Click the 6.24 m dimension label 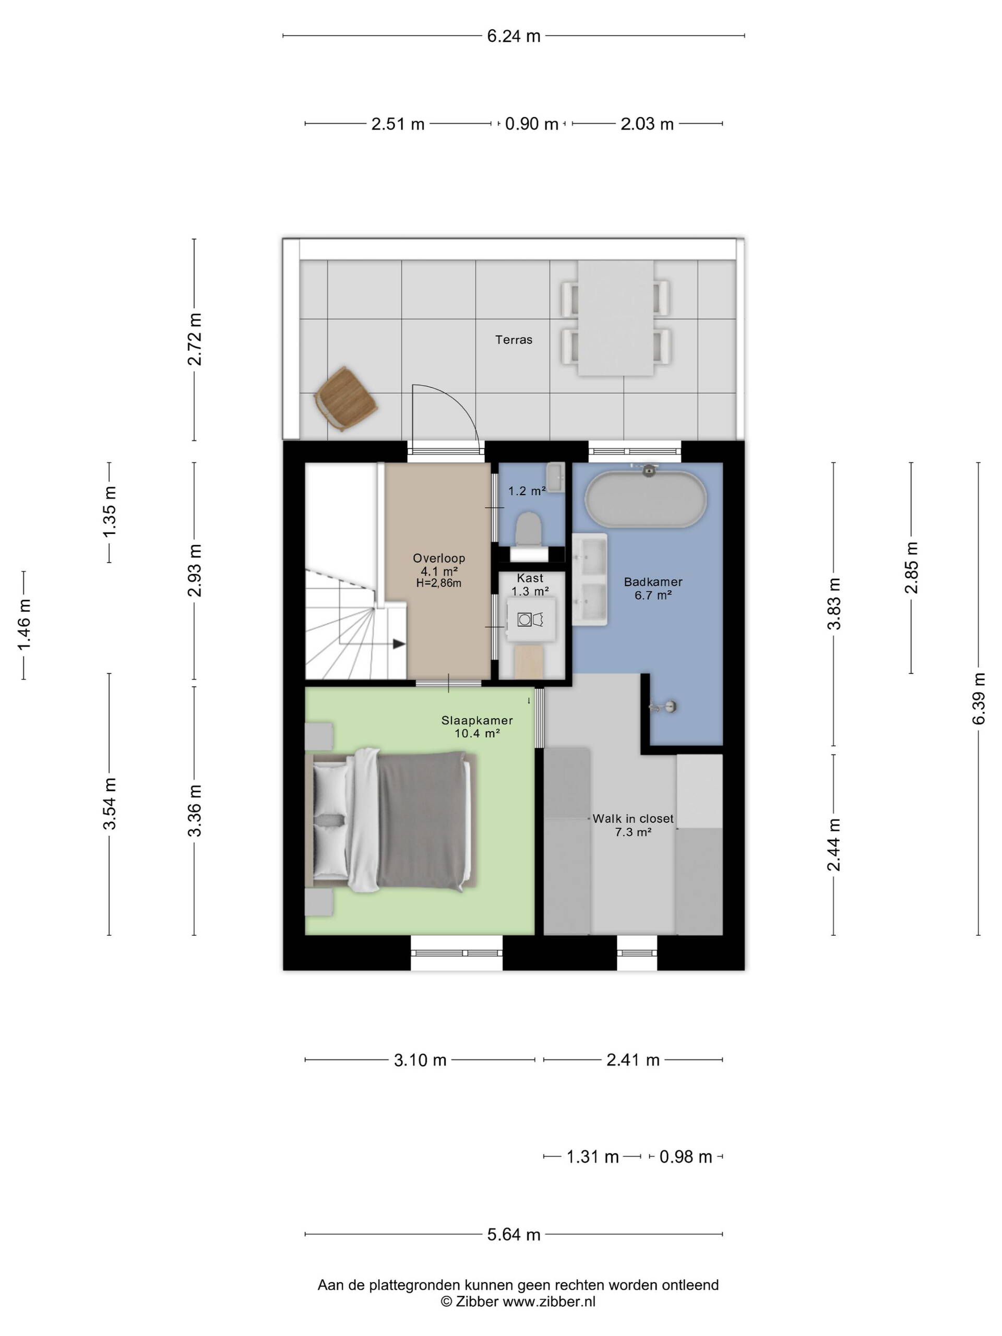point(514,36)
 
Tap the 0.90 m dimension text point(531,124)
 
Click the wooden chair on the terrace point(345,399)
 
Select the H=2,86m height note point(439,583)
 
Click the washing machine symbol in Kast point(531,619)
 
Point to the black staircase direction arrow point(399,644)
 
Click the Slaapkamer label point(477,720)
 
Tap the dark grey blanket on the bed point(423,819)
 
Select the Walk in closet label point(633,818)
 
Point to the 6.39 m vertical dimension point(979,698)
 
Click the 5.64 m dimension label point(514,1235)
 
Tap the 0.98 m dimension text point(686,1156)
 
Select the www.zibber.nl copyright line point(518,1302)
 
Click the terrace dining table point(615,318)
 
